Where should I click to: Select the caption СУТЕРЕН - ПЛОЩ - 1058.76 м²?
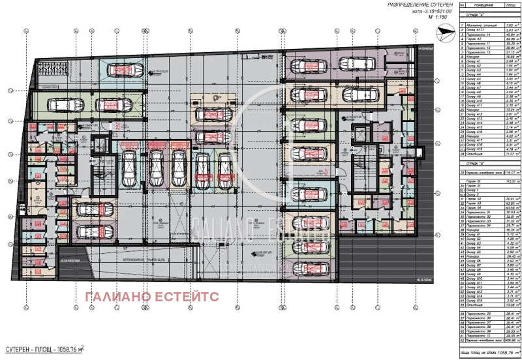pyautogui.click(x=45, y=349)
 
